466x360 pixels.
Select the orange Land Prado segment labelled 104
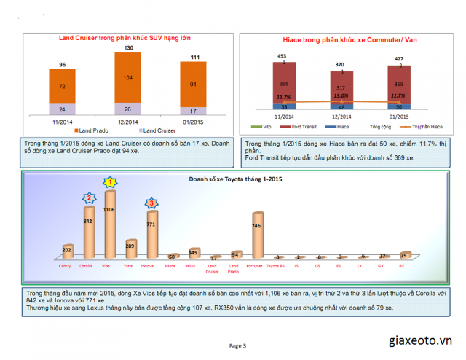tap(128, 77)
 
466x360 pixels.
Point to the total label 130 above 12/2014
tap(128, 48)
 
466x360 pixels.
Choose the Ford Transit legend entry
tap(299, 126)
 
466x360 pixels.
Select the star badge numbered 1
tap(110, 181)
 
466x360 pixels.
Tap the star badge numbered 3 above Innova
tap(151, 203)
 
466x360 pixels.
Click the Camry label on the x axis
tap(66, 267)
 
